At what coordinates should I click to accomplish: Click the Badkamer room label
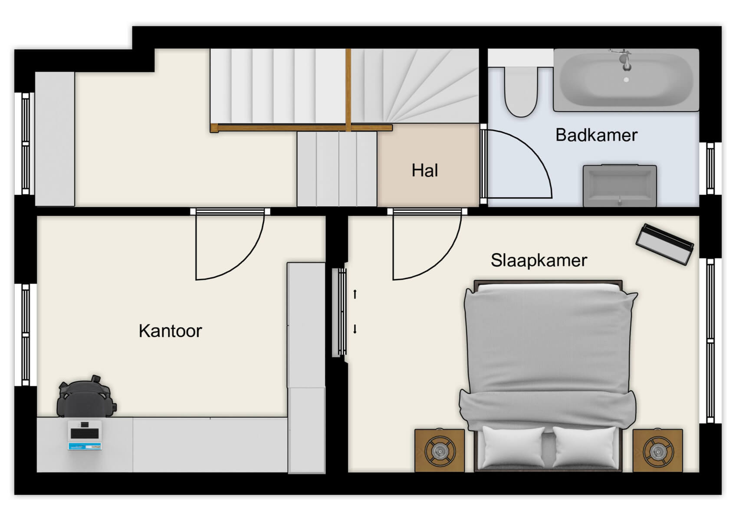(x=596, y=135)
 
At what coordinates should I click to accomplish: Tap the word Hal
(x=424, y=170)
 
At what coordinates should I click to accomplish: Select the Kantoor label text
(x=170, y=331)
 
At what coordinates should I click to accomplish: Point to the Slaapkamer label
(x=539, y=260)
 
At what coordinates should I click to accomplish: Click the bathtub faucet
(x=624, y=59)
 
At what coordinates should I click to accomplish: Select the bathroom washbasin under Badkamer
(x=619, y=186)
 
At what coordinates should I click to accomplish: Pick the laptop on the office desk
(x=85, y=435)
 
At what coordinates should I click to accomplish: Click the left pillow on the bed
(x=513, y=447)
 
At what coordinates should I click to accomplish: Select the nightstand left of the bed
(x=439, y=451)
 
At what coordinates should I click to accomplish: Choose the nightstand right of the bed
(x=657, y=451)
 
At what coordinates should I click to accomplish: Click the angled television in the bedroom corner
(x=664, y=244)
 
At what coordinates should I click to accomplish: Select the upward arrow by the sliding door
(x=355, y=294)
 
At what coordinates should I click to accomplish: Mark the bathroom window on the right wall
(x=710, y=168)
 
